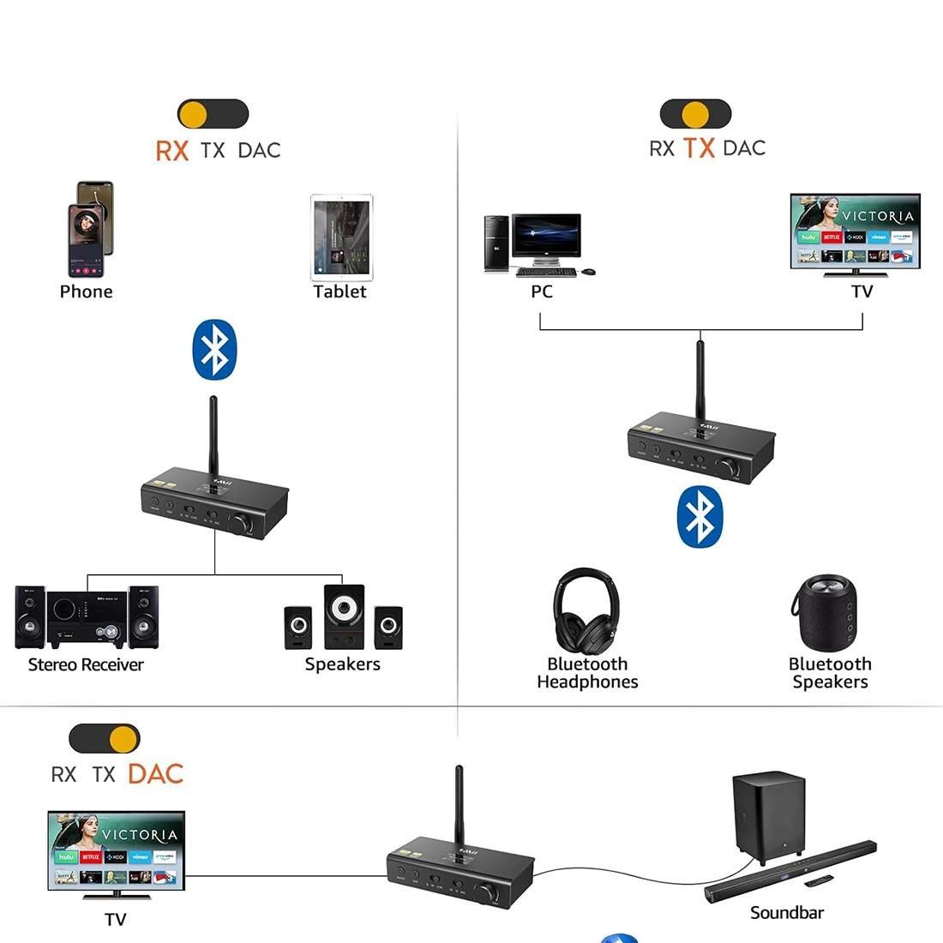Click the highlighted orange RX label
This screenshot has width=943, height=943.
[x=171, y=151]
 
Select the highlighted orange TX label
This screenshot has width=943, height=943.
[x=699, y=148]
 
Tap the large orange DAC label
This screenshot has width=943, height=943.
[x=155, y=774]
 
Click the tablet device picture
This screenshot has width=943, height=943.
[x=341, y=237]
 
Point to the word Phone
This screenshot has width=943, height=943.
[x=86, y=291]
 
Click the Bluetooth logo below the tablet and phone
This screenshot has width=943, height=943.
[x=213, y=350]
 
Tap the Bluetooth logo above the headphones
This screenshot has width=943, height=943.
[x=700, y=517]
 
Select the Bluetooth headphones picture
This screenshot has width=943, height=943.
[x=586, y=610]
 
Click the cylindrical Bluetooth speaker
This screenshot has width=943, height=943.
[x=823, y=613]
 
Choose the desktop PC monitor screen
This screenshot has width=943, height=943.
[x=546, y=236]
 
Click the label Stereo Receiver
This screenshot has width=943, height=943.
[x=86, y=664]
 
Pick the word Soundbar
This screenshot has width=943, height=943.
[x=786, y=913]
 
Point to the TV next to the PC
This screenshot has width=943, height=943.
[x=855, y=231]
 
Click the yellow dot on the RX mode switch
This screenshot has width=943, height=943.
[x=194, y=114]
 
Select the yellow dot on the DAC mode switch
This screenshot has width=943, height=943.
[x=123, y=738]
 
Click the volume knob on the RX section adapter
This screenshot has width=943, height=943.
[x=242, y=524]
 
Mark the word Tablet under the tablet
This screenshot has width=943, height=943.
[x=339, y=291]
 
